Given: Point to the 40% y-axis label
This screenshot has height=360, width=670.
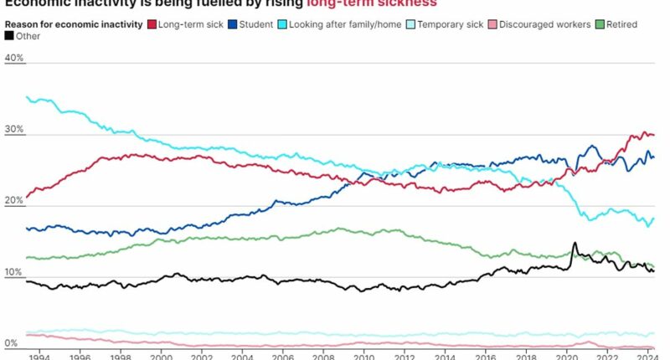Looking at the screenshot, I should click(14, 59).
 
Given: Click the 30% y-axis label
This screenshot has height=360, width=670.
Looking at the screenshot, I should click(14, 131).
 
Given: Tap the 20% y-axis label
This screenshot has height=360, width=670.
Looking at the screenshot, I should click(14, 202).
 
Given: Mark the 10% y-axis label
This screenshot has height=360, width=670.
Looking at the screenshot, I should click(14, 273).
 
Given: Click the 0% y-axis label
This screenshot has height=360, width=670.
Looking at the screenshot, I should click(12, 343).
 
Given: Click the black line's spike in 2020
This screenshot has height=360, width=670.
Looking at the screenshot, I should click(575, 244).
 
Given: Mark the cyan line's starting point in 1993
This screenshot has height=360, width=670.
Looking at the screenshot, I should click(28, 98).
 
